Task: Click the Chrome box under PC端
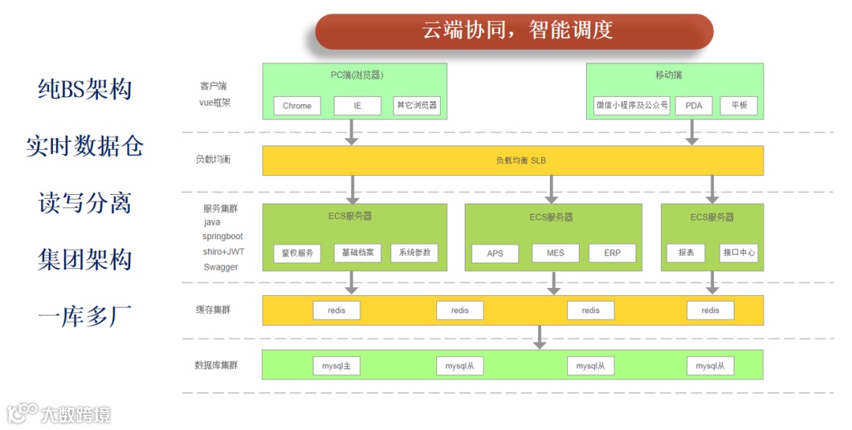click(297, 106)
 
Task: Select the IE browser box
click(357, 106)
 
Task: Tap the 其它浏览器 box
click(416, 106)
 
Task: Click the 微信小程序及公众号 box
click(631, 106)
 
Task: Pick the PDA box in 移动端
click(693, 106)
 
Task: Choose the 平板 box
click(738, 106)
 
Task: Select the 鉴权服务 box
click(297, 253)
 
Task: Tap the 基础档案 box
click(357, 253)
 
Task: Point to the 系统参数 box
click(414, 253)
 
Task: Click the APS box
click(495, 253)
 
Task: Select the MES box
click(555, 253)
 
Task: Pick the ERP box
click(612, 253)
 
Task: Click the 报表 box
click(686, 253)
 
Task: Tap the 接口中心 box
click(739, 253)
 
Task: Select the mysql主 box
click(336, 366)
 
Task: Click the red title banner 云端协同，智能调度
click(514, 32)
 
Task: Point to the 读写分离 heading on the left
click(84, 204)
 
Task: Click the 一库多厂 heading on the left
click(84, 316)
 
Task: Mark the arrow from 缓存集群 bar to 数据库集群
click(540, 337)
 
